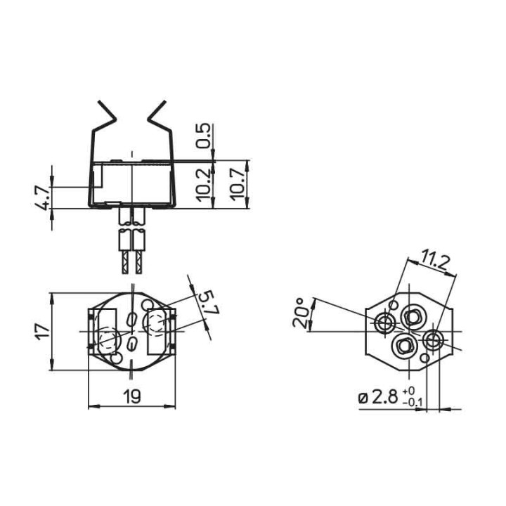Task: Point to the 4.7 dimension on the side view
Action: click(x=42, y=197)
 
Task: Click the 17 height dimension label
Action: click(x=41, y=330)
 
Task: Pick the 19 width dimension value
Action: click(x=131, y=396)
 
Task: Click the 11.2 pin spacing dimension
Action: click(x=436, y=261)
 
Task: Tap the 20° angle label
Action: click(x=300, y=312)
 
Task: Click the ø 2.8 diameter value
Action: click(x=379, y=397)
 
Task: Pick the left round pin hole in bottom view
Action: click(x=384, y=323)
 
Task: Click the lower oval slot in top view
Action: click(x=131, y=344)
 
